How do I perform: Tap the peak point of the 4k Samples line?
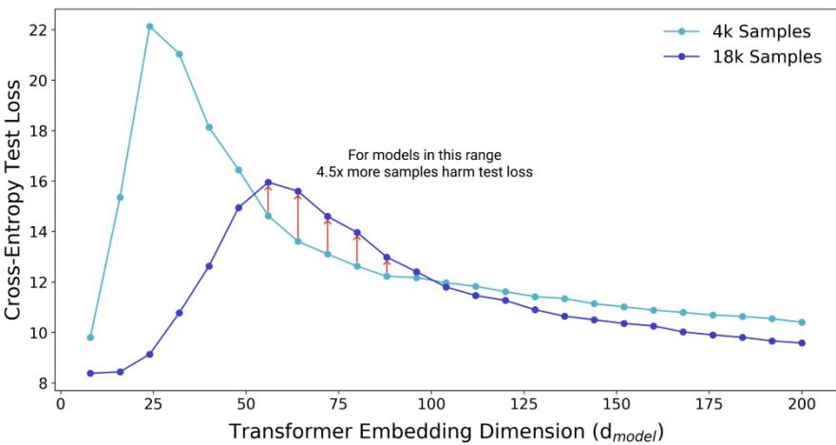150,27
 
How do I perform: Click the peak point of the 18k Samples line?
268,182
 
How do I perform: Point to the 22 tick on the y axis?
39,29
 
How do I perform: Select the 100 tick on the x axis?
431,401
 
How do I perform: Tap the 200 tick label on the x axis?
802,401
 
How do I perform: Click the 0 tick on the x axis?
60,401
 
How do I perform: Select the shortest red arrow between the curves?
387,266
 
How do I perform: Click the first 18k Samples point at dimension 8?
90,373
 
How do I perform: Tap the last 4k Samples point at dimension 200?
802,322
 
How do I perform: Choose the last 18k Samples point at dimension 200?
802,342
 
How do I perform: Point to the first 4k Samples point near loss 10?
90,338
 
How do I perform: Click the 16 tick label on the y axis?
39,181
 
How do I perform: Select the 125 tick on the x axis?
523,401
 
